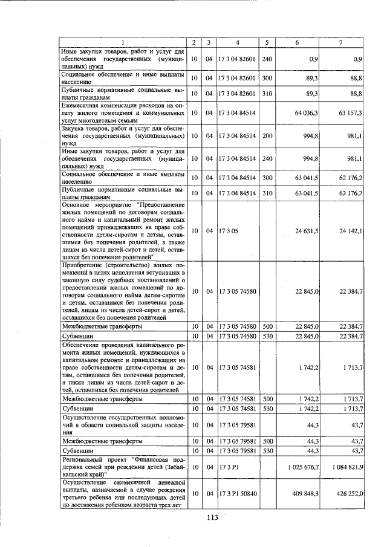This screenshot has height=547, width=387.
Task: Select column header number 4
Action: pyautogui.click(x=238, y=42)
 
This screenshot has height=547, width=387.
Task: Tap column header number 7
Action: pyautogui.click(x=342, y=42)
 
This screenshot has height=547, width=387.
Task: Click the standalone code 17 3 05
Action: pyautogui.click(x=228, y=231)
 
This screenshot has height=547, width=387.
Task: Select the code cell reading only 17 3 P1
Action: pyautogui.click(x=228, y=467)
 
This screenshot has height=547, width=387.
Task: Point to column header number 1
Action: pyautogui.click(x=123, y=42)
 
